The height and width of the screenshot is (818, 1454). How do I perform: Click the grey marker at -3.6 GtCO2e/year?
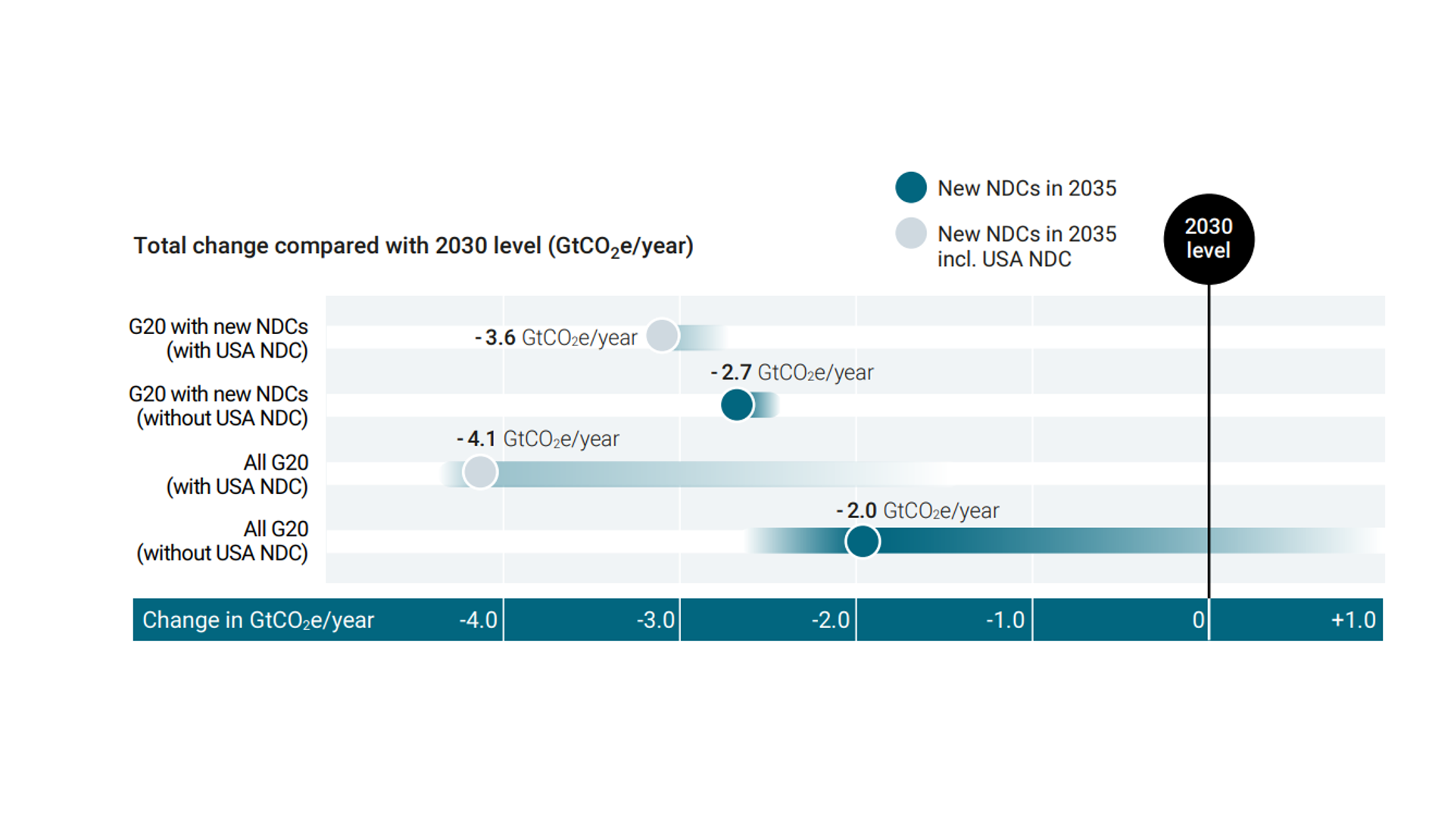pos(663,336)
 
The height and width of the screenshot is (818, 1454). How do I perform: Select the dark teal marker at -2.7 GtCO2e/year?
pos(737,405)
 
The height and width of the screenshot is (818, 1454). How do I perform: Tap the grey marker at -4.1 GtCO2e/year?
pos(480,473)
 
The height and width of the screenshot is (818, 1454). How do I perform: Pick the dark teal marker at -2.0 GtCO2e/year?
pos(863,542)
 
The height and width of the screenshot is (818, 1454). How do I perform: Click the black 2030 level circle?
pos(1209,239)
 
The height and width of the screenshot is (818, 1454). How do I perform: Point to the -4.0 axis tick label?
pos(478,620)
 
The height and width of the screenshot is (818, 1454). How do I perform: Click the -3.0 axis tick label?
pos(655,620)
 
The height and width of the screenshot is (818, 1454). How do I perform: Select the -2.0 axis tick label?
pos(831,620)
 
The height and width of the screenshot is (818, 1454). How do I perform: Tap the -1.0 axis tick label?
pos(1006,620)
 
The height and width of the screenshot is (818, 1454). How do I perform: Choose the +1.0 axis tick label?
pos(1353,620)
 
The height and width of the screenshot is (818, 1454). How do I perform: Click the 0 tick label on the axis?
pos(1198,620)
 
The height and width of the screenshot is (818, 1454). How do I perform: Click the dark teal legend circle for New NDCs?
pos(911,188)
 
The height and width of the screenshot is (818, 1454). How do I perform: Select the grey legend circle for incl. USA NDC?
pos(911,233)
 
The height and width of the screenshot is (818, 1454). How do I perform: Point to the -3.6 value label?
pos(556,338)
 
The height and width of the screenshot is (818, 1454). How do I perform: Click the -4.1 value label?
pos(538,439)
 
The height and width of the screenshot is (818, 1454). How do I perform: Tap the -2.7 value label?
pos(791,373)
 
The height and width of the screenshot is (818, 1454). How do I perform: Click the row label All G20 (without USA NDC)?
pos(223,541)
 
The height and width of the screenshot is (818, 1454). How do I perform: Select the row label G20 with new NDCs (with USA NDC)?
pos(219,339)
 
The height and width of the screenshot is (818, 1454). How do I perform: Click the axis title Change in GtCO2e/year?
pos(257,620)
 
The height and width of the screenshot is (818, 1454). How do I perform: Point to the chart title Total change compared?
pos(413,246)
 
